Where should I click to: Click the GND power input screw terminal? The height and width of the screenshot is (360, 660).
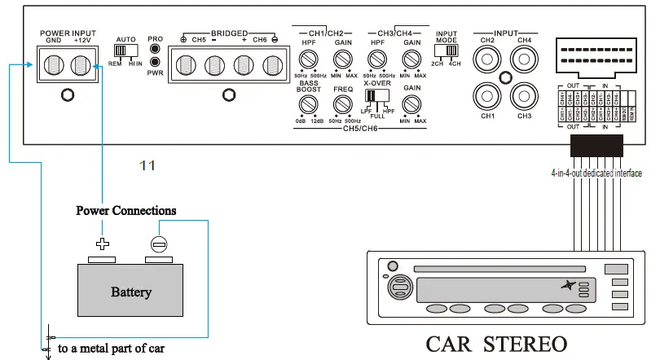pos(54,64)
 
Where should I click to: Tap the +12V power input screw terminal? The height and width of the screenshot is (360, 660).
pos(80,64)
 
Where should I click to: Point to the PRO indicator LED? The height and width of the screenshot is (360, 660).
pos(155,50)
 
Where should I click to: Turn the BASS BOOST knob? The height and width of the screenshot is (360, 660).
pos(307,103)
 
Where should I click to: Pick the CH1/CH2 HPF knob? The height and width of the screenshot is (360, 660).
pos(307,59)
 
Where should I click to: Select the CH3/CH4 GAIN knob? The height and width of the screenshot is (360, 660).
pos(411,59)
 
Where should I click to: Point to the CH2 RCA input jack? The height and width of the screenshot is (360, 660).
pos(488,58)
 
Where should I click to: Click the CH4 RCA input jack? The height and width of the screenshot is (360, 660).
pos(523,58)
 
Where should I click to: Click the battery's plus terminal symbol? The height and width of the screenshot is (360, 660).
pos(103,243)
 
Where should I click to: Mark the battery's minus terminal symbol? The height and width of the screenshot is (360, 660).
pos(159,243)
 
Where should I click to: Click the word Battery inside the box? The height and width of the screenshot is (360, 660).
pos(131,292)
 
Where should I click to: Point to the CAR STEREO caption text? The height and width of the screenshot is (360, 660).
pos(496,343)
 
